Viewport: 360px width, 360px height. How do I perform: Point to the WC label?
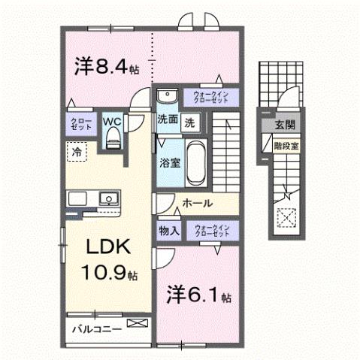click(x=112, y=119)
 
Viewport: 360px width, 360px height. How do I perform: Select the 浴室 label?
click(x=168, y=162)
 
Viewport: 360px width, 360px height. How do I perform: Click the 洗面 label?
click(x=167, y=120)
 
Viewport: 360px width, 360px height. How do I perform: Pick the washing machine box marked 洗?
click(x=190, y=120)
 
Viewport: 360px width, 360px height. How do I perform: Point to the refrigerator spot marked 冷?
click(x=77, y=151)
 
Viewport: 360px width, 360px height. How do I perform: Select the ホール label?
click(x=198, y=204)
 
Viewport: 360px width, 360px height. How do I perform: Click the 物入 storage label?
click(x=168, y=231)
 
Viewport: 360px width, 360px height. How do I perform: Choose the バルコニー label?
click(x=96, y=329)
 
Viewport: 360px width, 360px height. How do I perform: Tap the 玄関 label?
click(x=284, y=125)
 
